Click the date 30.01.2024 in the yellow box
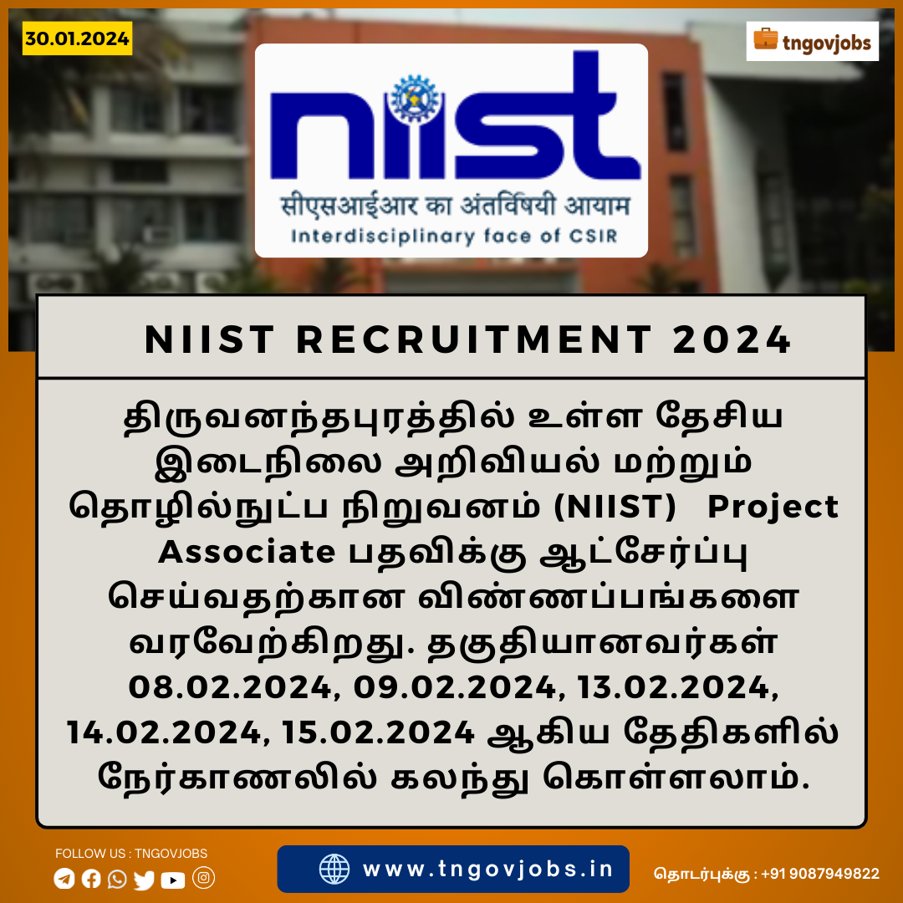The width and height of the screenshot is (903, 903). coord(77,38)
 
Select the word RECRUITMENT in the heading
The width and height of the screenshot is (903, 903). coord(474,339)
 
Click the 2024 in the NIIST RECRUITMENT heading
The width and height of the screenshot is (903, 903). coord(732,339)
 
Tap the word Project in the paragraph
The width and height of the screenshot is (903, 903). coord(773,508)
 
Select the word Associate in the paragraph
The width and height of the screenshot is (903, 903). coord(247,553)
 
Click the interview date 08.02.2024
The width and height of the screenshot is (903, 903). coord(231,687)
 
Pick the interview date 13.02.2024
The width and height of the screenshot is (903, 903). coord(675,687)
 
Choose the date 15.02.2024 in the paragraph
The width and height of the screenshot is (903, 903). coord(378,732)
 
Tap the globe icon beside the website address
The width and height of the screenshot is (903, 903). coord(334,869)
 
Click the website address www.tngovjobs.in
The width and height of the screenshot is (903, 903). coord(487,869)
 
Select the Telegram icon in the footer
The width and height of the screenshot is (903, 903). coord(64,879)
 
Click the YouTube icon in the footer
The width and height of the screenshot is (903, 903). coord(173,880)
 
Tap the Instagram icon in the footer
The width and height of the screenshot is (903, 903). coord(203,878)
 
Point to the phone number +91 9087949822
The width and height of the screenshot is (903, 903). coord(820,874)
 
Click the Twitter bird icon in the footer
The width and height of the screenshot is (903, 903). coord(144,880)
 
